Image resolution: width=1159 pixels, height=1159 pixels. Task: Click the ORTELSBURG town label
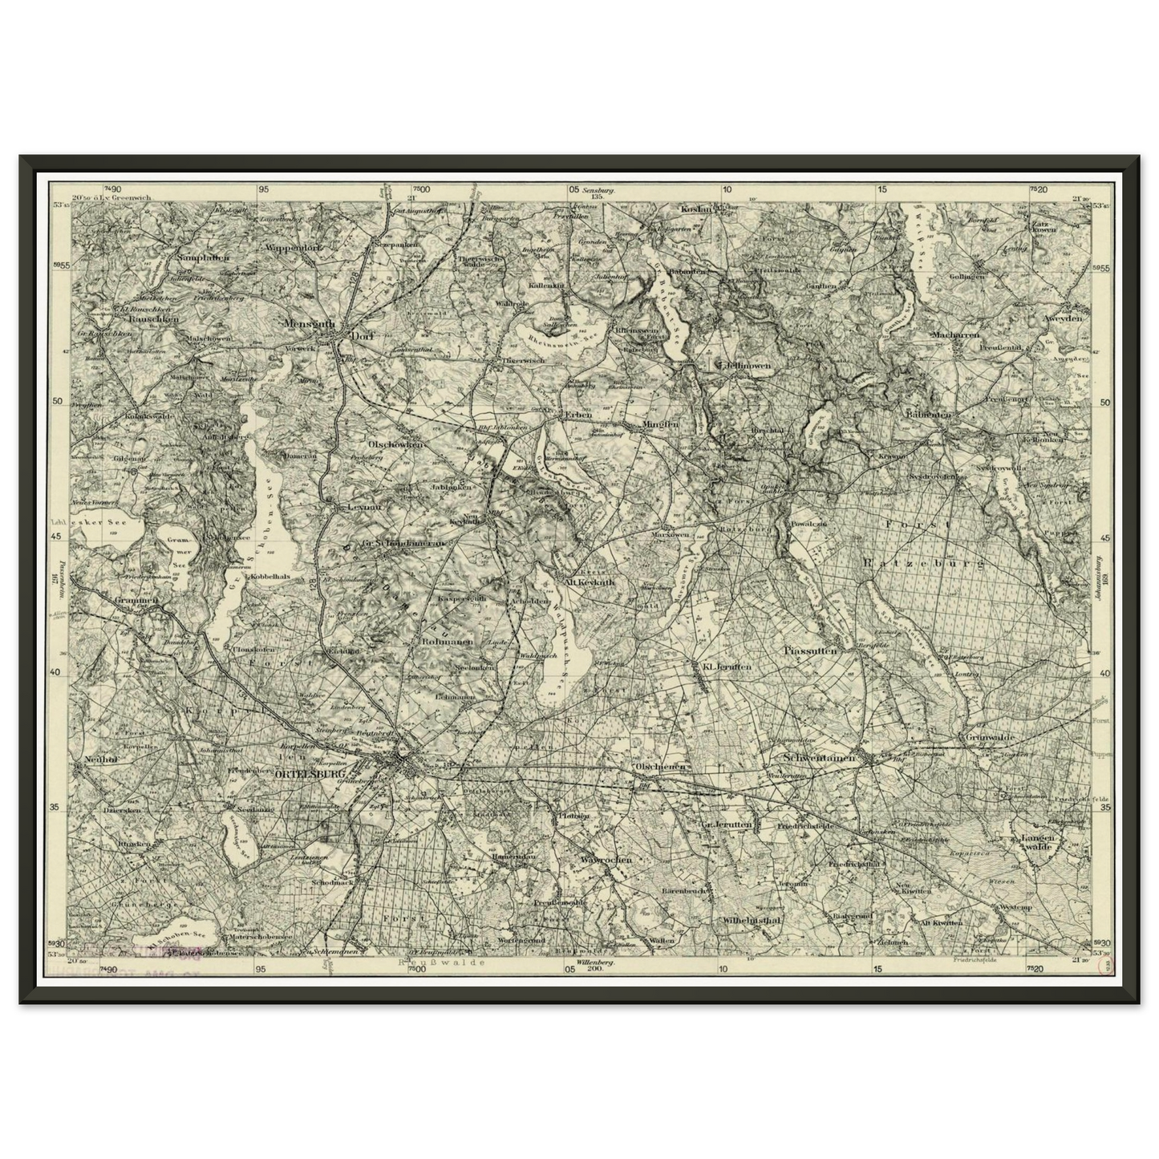[305, 775]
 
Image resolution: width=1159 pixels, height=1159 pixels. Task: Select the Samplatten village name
[204, 257]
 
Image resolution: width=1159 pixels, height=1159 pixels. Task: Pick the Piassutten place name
[811, 651]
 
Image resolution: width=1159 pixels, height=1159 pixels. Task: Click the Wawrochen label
[606, 859]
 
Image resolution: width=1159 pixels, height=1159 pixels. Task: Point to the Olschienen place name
[661, 766]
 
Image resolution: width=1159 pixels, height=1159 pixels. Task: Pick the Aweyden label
[1062, 318]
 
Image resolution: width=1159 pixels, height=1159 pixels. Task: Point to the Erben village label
[577, 415]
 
